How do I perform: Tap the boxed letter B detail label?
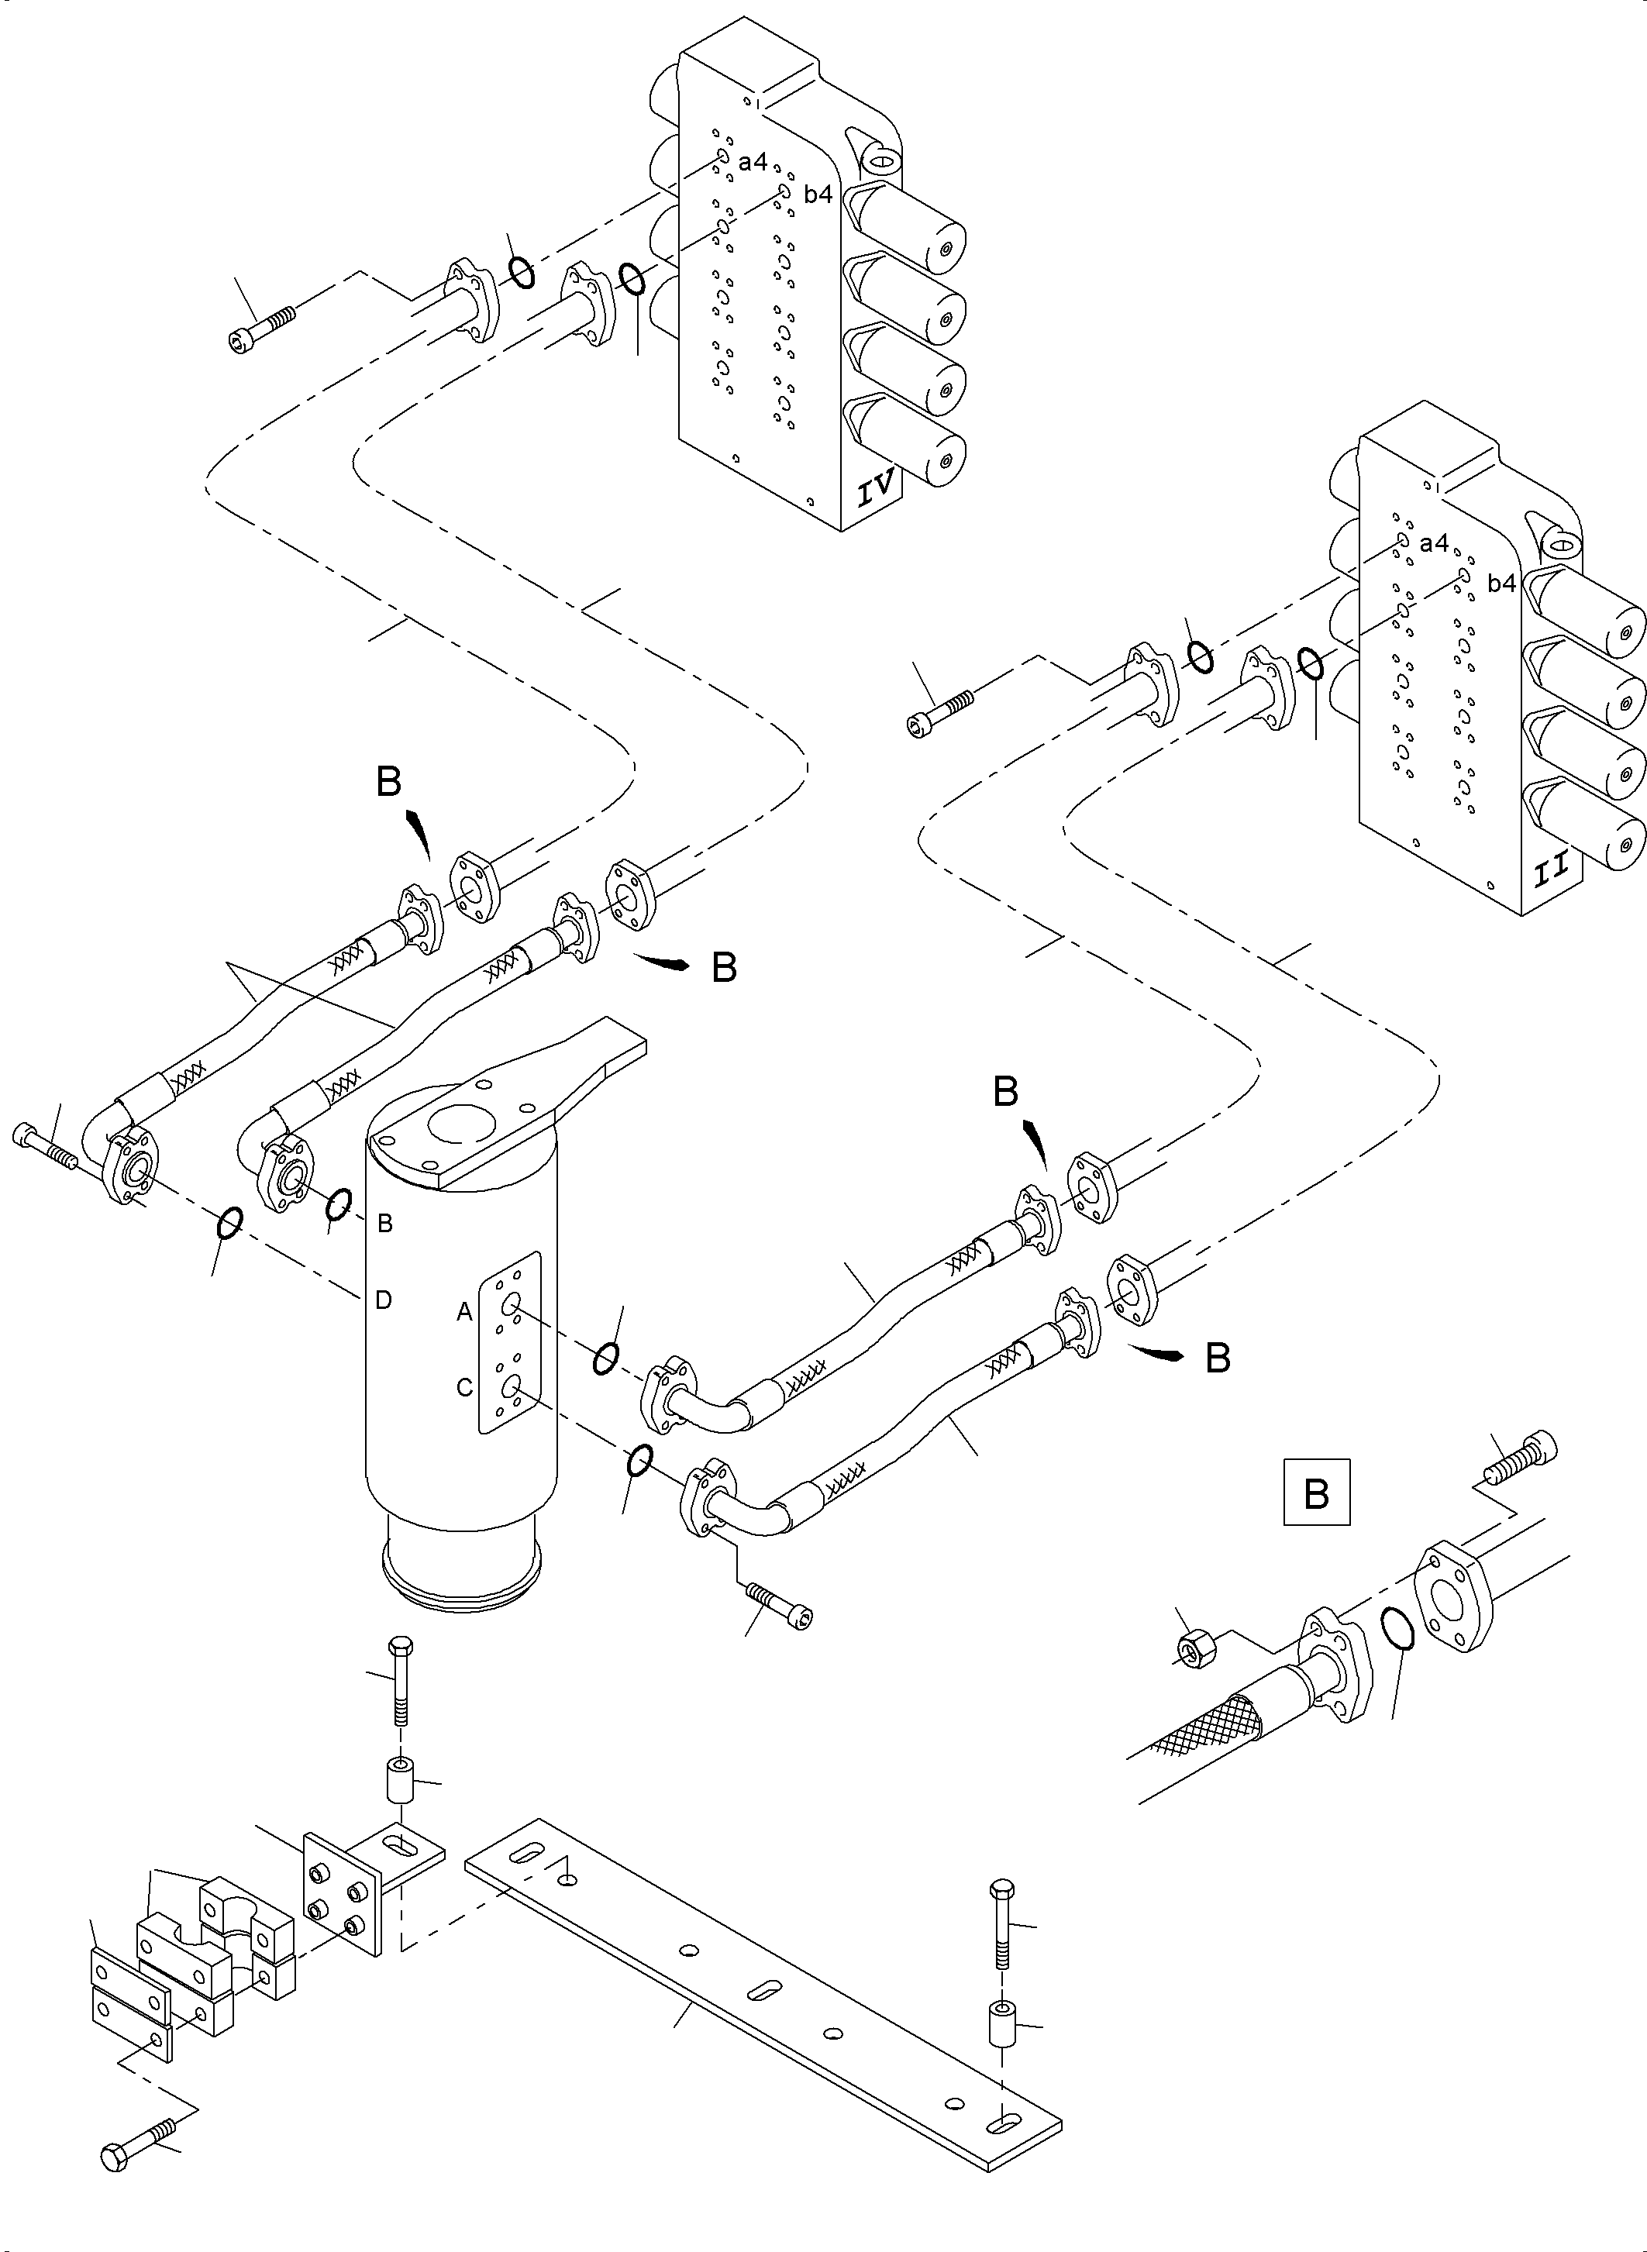(x=1316, y=1520)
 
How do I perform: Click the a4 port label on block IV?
(x=753, y=160)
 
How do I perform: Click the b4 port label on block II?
(x=1501, y=584)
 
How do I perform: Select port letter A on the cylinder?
(x=464, y=1313)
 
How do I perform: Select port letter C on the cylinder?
(x=464, y=1388)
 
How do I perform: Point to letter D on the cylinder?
(x=383, y=1300)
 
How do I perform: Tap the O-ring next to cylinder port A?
(x=606, y=1358)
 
